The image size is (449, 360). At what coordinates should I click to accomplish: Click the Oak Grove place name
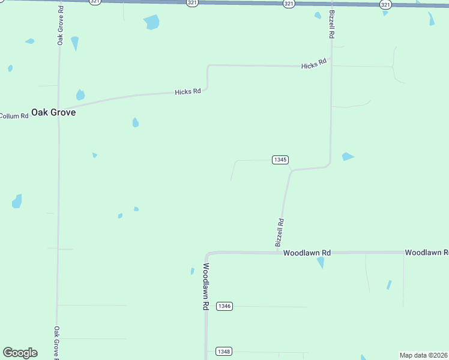tap(53, 112)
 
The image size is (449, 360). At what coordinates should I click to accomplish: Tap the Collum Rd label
tap(14, 116)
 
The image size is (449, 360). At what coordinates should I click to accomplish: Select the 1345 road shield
tap(280, 160)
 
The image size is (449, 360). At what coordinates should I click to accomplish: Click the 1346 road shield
tap(224, 306)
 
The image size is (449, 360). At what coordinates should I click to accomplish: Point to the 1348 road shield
tap(224, 351)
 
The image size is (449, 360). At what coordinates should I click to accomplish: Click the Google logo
tap(20, 353)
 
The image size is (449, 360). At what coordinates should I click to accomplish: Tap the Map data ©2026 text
tap(424, 355)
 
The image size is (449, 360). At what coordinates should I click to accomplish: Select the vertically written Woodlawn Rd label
tap(205, 286)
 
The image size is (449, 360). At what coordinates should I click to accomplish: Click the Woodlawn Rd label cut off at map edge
tap(426, 253)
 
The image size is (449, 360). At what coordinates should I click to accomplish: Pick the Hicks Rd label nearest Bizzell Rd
tap(314, 64)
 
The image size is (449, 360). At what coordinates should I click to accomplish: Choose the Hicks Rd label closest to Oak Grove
tap(187, 92)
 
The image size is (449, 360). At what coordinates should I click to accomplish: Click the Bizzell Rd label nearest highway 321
tap(331, 25)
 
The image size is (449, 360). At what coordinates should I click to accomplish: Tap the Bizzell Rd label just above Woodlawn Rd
tap(280, 233)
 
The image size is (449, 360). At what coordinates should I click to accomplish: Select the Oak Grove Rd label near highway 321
tap(60, 26)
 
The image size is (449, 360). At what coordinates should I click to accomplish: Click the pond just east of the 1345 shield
tap(348, 157)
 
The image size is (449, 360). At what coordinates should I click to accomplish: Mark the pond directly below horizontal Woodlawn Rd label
tap(321, 262)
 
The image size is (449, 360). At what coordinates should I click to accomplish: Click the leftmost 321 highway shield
tap(95, 2)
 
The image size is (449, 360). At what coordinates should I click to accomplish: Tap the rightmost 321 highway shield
tap(385, 4)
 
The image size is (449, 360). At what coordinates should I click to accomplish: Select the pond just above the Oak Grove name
tap(80, 95)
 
